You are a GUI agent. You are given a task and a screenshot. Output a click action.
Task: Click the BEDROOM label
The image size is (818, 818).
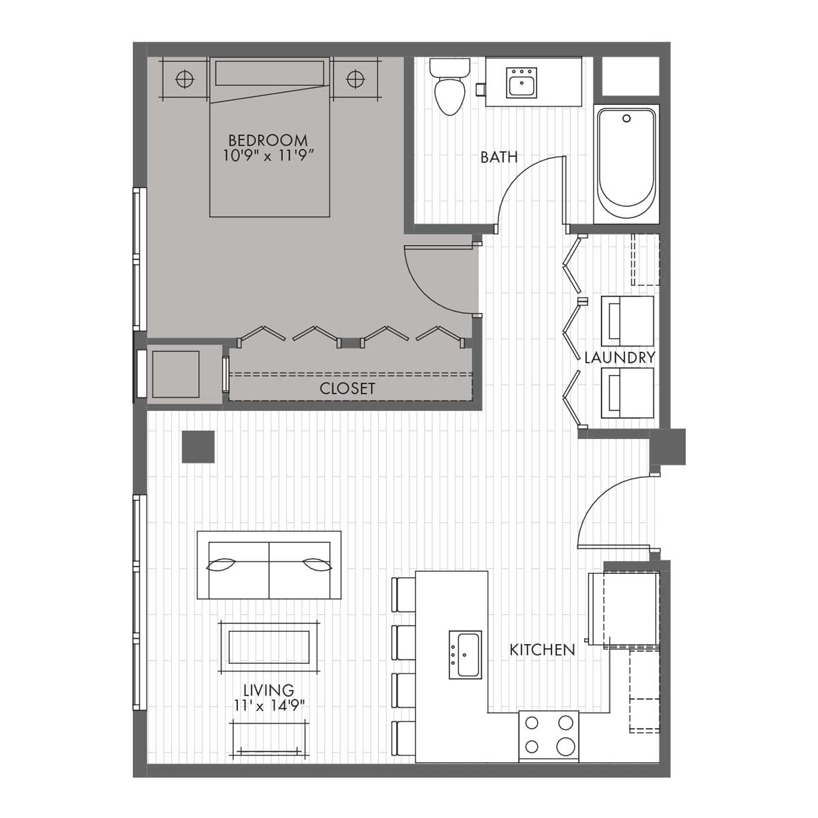(268, 140)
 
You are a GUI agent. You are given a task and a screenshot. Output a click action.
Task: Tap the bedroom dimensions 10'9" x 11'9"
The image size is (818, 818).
(268, 155)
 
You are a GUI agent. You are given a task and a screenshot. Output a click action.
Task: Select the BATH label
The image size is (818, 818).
(499, 157)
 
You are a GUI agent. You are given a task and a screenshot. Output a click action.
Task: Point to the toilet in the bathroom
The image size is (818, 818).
(449, 88)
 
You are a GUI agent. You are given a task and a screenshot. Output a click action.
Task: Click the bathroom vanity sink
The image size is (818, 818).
(522, 83)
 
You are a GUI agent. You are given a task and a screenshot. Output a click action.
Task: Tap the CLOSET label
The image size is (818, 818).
(348, 389)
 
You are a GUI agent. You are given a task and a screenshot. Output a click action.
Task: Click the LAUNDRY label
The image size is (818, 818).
(620, 357)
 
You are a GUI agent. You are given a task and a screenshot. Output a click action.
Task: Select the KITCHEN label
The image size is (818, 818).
(543, 650)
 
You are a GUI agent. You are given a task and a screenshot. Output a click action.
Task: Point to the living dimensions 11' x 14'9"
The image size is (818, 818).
(269, 706)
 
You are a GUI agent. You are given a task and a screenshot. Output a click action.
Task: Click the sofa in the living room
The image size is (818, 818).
(269, 565)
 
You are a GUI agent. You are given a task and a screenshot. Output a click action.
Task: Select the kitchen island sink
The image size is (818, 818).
(465, 654)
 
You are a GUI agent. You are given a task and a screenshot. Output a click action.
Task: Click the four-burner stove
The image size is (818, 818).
(549, 736)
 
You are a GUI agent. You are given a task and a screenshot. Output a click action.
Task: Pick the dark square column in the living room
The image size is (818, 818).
(198, 447)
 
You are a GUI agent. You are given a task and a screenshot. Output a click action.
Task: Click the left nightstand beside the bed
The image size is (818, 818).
(184, 79)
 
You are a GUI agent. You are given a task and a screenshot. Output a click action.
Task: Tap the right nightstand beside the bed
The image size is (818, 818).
(355, 79)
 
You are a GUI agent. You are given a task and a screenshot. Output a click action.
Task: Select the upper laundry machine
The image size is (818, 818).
(627, 320)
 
